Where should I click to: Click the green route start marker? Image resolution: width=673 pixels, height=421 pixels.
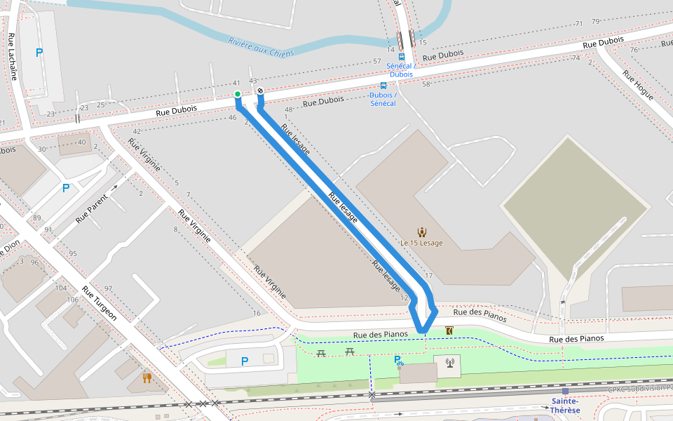238,94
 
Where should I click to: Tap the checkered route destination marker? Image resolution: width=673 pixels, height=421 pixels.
260,91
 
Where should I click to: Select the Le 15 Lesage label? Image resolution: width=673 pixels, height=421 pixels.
421,243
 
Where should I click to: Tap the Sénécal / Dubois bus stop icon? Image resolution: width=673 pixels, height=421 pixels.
402,56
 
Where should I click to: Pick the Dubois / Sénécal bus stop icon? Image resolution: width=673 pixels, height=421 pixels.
383,86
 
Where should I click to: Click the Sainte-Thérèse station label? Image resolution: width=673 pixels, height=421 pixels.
564,406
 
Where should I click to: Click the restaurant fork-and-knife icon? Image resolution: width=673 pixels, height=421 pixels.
147,377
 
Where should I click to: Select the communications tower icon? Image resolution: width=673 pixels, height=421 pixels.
449,363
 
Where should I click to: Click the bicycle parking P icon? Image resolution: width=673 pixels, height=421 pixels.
398,361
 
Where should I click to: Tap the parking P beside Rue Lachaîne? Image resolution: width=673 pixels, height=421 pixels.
39,52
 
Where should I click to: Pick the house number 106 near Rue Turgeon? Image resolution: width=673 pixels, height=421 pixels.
73,300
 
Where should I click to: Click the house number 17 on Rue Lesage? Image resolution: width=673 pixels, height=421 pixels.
428,276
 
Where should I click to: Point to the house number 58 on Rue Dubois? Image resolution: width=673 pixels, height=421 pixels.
426,84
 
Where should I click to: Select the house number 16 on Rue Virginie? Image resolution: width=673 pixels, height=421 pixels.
257,313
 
